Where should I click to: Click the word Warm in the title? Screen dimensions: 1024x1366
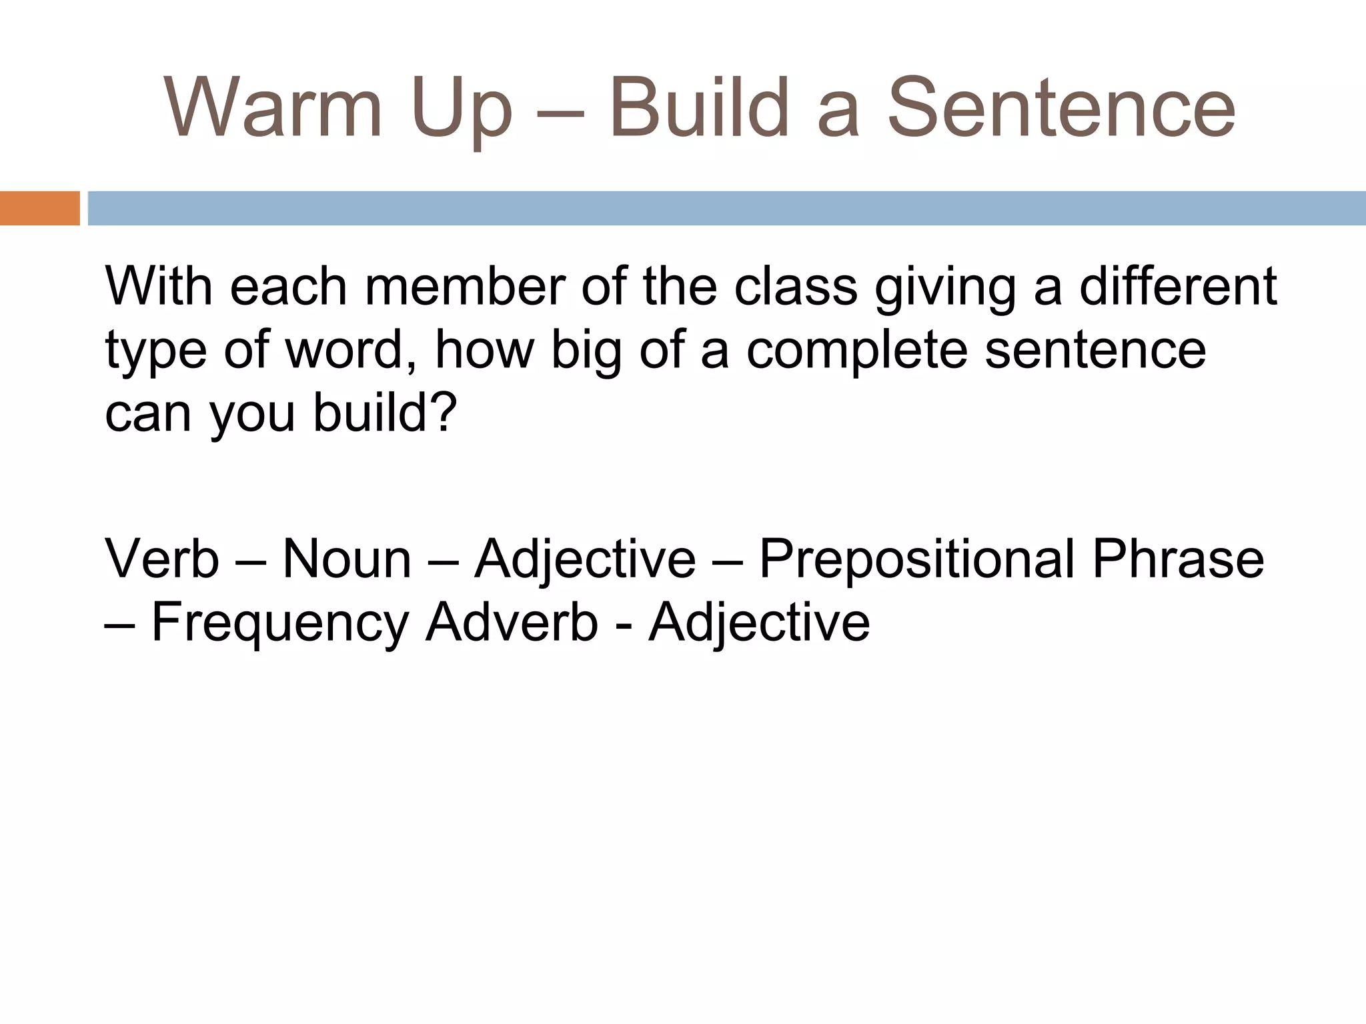pos(273,108)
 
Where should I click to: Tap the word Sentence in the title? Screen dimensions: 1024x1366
pos(1061,108)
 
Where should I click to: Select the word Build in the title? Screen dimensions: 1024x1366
pos(700,108)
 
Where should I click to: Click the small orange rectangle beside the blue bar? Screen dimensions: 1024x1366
pos(39,208)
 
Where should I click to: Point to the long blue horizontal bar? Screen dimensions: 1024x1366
pos(727,208)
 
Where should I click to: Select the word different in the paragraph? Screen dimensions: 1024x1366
pos(1178,287)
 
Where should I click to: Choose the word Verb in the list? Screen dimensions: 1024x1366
pos(162,559)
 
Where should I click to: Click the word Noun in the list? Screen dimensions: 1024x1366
pos(347,559)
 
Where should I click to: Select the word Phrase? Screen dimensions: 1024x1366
pos(1178,559)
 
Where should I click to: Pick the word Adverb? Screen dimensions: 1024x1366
pos(512,623)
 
